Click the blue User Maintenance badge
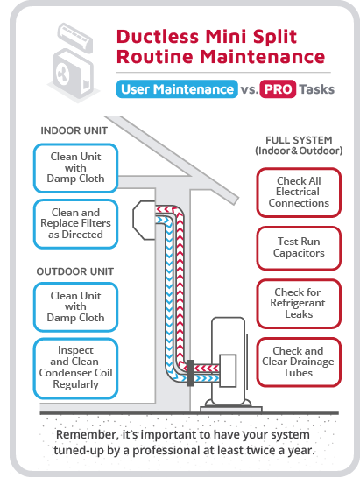coord(177,89)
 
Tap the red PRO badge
coord(278,89)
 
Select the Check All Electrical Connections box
coord(299,193)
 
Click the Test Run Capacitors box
coord(299,248)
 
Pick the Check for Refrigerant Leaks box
coord(299,304)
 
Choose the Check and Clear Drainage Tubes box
coord(299,362)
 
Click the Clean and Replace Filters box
coord(76,223)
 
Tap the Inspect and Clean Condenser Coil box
coord(76,368)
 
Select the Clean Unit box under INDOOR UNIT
coord(76,168)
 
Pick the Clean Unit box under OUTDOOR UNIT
coord(76,306)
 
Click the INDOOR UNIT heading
coord(74,130)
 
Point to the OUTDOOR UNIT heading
coord(75,271)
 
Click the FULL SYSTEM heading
coord(299,145)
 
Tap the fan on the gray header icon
coord(62,74)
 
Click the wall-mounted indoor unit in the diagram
coord(144,220)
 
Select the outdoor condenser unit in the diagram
coord(229,362)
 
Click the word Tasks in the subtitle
coord(317,89)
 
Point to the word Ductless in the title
coord(158,37)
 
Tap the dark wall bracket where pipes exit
coord(191,373)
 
